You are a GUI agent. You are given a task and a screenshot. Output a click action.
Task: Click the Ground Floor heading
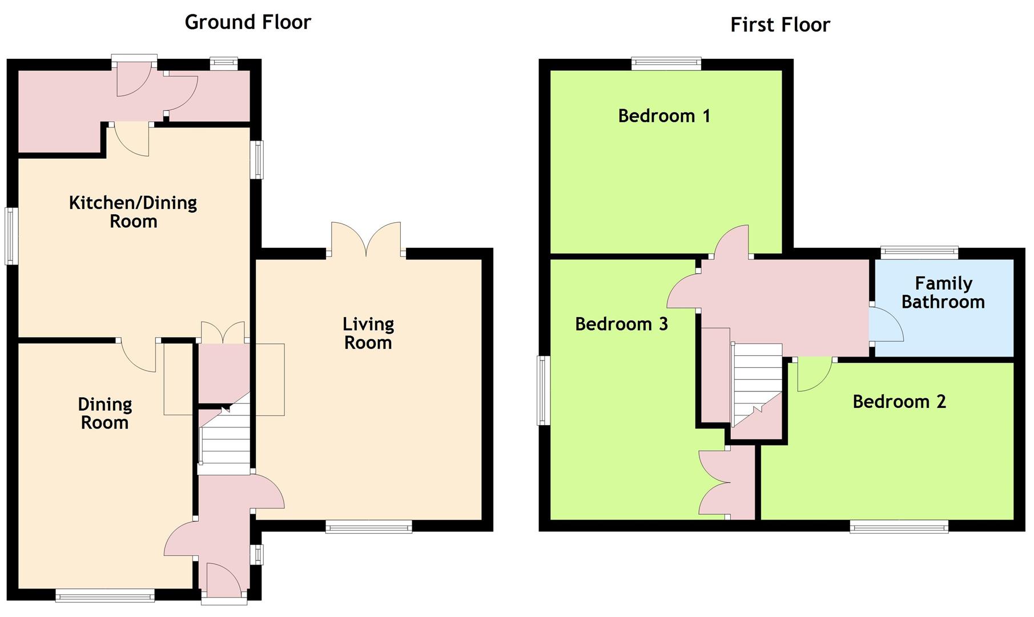pos(248,22)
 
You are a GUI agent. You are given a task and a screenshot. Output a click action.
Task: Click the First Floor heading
pos(780,25)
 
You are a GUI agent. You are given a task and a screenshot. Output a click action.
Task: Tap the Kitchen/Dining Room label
pos(133,212)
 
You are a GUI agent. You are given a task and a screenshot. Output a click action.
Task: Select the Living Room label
pos(368,333)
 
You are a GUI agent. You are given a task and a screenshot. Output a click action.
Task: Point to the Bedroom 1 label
pos(664,116)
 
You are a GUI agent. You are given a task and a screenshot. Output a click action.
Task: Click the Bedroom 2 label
pos(899,402)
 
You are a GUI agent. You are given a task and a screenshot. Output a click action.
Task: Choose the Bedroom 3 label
pos(621,324)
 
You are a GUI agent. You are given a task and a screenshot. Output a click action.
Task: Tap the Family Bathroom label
pos(943,293)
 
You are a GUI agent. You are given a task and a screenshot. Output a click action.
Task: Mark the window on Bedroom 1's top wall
pos(666,63)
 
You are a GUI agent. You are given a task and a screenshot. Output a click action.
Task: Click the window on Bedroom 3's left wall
pos(544,391)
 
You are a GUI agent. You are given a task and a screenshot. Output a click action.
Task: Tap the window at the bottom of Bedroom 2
pos(899,526)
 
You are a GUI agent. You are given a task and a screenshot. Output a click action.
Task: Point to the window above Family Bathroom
pos(919,252)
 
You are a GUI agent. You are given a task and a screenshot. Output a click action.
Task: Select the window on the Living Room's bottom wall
pos(369,526)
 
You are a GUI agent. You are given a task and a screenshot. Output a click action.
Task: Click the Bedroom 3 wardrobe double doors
pos(714,483)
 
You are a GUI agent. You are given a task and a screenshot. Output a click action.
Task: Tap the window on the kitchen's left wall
pos(11,236)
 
